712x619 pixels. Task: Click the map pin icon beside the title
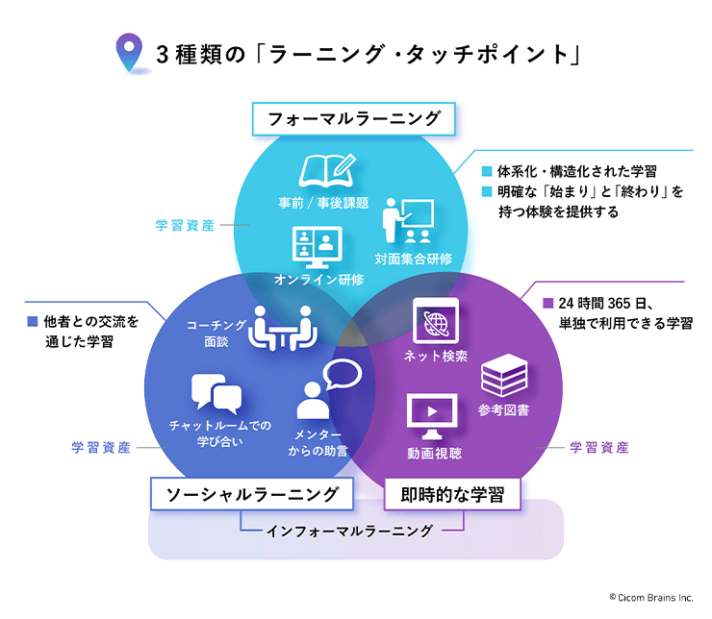tap(130, 52)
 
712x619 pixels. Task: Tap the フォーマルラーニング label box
tap(354, 119)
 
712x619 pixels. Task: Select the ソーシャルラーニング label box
tap(252, 494)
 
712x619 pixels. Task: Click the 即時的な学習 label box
tap(452, 494)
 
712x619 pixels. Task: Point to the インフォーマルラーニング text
tap(349, 531)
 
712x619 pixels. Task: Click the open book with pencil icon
tap(327, 170)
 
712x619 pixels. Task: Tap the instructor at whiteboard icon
tap(408, 221)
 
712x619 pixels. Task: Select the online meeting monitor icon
tap(317, 248)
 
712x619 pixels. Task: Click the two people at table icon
tap(283, 329)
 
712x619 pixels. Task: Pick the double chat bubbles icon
tap(216, 394)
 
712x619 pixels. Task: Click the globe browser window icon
tap(436, 321)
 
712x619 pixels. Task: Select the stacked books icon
tap(504, 376)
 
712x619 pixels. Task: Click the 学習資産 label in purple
tap(598, 448)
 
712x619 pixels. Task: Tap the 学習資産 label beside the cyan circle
tap(185, 225)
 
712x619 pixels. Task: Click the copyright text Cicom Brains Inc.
tap(651, 597)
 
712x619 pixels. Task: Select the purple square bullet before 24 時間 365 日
tap(548, 303)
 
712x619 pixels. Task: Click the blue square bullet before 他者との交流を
tap(33, 321)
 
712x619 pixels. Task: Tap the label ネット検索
tap(436, 356)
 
